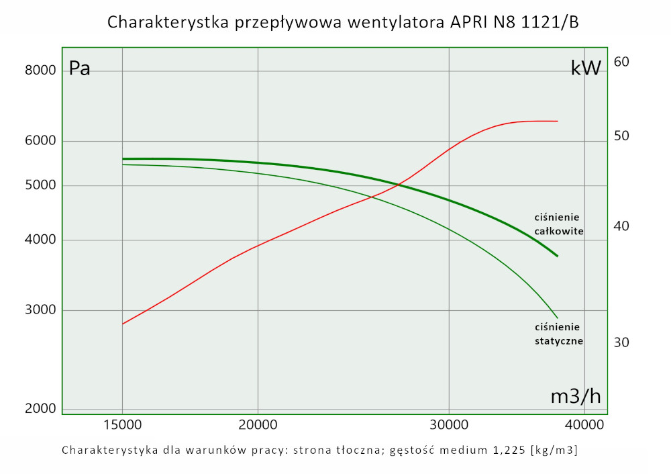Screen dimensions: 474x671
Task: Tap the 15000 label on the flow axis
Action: pos(122,426)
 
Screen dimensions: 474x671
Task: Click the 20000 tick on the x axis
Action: pos(258,426)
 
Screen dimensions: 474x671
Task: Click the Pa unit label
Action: pos(80,69)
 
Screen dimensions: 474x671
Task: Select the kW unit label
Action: pos(586,68)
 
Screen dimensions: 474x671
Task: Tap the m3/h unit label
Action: pos(576,397)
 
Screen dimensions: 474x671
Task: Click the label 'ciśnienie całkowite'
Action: pos(558,224)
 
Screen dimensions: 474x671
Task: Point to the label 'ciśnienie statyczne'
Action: pos(558,334)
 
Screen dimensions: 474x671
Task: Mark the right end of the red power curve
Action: pos(558,122)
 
